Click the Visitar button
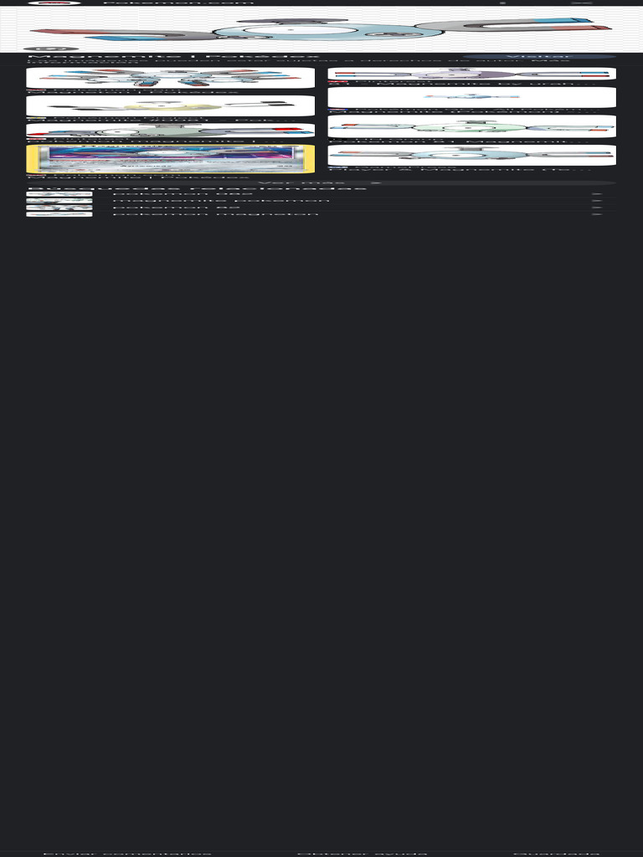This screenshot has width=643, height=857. (527, 57)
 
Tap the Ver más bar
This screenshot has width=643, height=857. (321, 182)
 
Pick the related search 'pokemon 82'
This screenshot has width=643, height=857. (176, 208)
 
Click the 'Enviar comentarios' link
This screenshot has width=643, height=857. (126, 853)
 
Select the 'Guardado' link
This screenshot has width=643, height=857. (556, 853)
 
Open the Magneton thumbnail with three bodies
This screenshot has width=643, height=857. (170, 78)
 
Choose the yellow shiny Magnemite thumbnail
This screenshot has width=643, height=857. (170, 105)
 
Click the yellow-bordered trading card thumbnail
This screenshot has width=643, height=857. (170, 158)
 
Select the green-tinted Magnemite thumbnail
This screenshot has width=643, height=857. (471, 126)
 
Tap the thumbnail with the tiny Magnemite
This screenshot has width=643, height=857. (471, 97)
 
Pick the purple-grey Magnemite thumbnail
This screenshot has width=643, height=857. (471, 74)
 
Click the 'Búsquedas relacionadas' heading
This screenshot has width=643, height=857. (197, 188)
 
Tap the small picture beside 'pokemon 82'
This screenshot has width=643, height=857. (59, 208)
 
